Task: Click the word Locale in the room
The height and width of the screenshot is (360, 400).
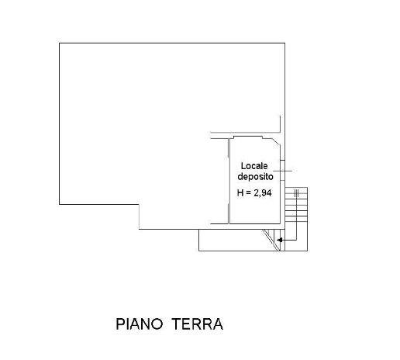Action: [254, 166]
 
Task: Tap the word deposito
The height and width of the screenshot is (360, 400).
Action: [255, 177]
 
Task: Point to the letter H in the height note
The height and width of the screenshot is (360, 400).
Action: [240, 193]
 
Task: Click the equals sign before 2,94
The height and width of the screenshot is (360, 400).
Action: [248, 193]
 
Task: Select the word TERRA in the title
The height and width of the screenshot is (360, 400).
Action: [197, 324]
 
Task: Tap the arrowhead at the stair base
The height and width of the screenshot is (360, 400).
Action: [281, 241]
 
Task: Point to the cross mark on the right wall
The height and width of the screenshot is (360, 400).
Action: [285, 170]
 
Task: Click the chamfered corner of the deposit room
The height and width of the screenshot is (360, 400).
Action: [274, 140]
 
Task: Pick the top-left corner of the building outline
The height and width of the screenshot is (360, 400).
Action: [60, 43]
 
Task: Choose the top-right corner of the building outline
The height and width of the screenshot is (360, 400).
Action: [284, 43]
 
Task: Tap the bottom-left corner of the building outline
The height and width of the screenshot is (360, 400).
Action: [60, 205]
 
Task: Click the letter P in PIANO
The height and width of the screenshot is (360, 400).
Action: [121, 324]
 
